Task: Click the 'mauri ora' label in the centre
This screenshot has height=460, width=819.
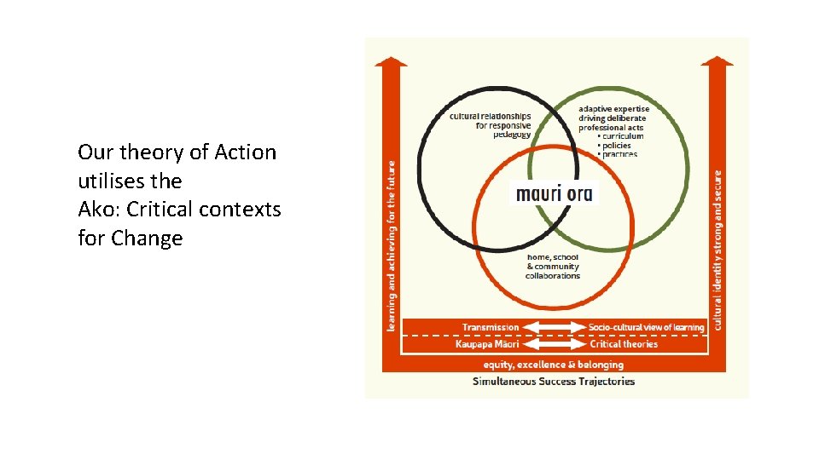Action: (554, 193)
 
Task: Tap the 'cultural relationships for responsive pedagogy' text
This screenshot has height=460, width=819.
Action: (491, 124)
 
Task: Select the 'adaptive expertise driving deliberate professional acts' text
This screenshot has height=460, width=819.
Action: (613, 118)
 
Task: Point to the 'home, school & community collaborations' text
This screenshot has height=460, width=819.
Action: (553, 266)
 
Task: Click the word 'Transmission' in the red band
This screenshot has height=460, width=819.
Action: (490, 327)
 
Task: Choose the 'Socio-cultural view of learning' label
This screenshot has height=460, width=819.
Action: (646, 327)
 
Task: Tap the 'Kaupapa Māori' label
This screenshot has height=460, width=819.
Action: (488, 344)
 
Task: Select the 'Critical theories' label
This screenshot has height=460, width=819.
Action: (624, 344)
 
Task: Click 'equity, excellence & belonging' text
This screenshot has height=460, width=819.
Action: (555, 365)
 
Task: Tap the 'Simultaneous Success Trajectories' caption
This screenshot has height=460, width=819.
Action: (554, 381)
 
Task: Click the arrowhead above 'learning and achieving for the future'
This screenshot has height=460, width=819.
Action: (391, 61)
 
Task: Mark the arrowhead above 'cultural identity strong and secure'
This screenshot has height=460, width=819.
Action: (717, 61)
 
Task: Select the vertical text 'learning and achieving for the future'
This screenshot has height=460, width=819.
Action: (392, 246)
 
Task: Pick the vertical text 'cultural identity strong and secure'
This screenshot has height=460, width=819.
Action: (717, 247)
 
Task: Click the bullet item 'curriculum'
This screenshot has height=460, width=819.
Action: (623, 136)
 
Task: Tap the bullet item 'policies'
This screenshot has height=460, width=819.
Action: (619, 146)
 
